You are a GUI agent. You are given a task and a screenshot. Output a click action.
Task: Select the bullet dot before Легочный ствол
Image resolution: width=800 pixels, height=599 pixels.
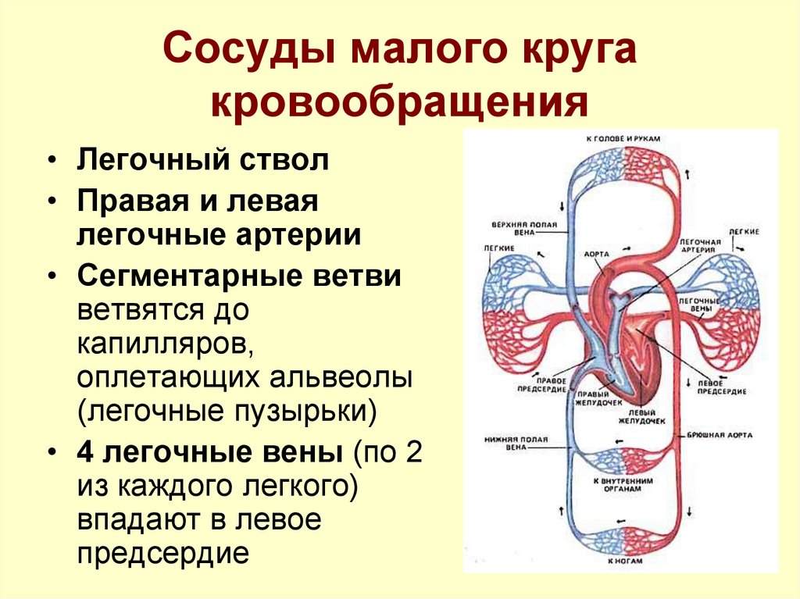(x=51, y=162)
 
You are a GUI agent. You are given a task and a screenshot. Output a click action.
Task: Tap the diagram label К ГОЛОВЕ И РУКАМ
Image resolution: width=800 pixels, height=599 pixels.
(x=623, y=138)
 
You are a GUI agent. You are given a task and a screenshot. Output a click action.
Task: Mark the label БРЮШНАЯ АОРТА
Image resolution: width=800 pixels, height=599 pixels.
(x=720, y=434)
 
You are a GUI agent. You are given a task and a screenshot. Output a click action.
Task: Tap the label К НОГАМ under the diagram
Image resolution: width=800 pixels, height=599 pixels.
(x=623, y=562)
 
